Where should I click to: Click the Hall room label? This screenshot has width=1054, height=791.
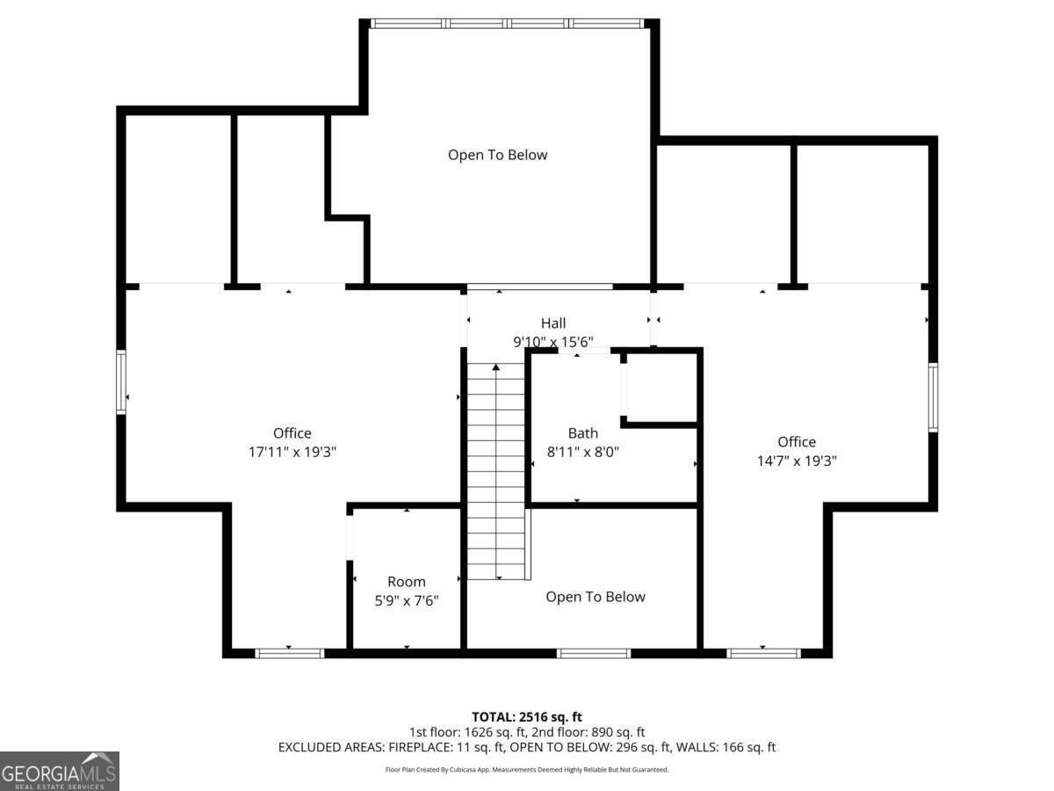(x=553, y=323)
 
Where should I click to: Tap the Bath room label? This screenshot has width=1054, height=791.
(x=583, y=433)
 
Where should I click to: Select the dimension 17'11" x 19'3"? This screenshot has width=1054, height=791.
(x=292, y=452)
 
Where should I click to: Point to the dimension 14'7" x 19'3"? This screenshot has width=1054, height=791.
(x=797, y=461)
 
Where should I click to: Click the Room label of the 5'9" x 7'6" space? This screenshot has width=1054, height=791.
(x=407, y=582)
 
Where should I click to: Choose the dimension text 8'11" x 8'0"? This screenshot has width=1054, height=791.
(x=583, y=452)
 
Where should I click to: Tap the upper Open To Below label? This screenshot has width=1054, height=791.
(x=497, y=156)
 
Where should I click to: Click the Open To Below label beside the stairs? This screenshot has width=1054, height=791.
(x=596, y=597)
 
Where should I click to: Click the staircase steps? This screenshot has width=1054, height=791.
(x=496, y=471)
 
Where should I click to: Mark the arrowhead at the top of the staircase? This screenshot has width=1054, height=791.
(x=496, y=367)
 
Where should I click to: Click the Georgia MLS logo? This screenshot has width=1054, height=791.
(x=60, y=771)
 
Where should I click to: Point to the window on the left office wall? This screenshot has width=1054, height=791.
(x=121, y=382)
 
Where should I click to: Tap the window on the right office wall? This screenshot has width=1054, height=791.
(x=933, y=397)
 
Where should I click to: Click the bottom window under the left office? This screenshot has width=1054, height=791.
(x=290, y=653)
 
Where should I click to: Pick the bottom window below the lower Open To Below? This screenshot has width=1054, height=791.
(x=594, y=653)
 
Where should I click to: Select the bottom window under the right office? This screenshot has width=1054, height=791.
(x=763, y=653)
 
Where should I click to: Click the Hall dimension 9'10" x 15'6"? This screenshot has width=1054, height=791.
(x=553, y=342)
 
